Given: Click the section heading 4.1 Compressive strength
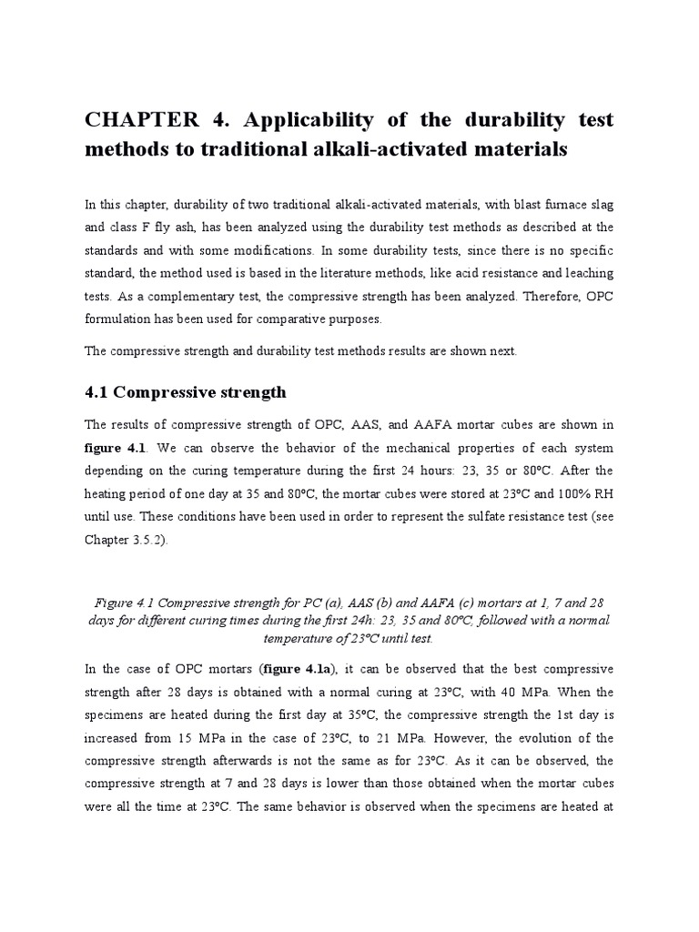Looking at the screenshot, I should (x=186, y=392).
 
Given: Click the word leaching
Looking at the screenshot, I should (x=588, y=273).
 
